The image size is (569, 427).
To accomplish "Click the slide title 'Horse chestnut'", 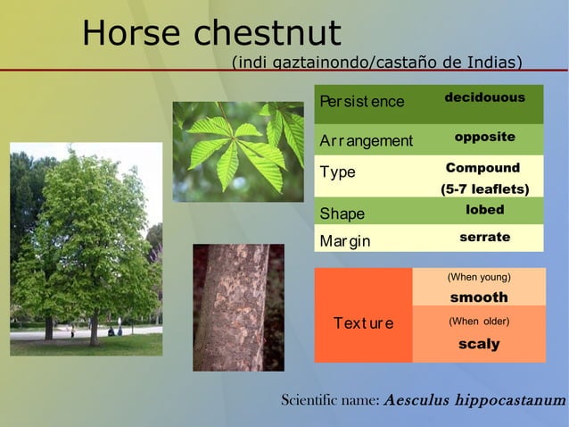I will coord(211,34).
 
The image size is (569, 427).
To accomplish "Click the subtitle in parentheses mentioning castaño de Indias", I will coord(376,63).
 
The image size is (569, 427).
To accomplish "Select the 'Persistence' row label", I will coord(362,102).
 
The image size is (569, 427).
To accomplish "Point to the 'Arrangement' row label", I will coord(367,141).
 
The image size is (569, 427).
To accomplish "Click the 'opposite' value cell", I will coord(484,137).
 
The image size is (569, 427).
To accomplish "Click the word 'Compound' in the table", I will coord(482,168).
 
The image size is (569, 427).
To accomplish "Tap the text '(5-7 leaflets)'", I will coord(484,189).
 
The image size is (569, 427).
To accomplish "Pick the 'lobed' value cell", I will coord(484,210).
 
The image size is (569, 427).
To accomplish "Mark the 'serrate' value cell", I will coord(484,237).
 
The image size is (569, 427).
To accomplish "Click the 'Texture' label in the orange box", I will coord(363,322).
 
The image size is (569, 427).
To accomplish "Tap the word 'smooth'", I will coord(479,297).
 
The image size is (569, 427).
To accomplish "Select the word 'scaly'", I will coord(479,344).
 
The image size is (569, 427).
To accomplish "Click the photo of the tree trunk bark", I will coord(238,307).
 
